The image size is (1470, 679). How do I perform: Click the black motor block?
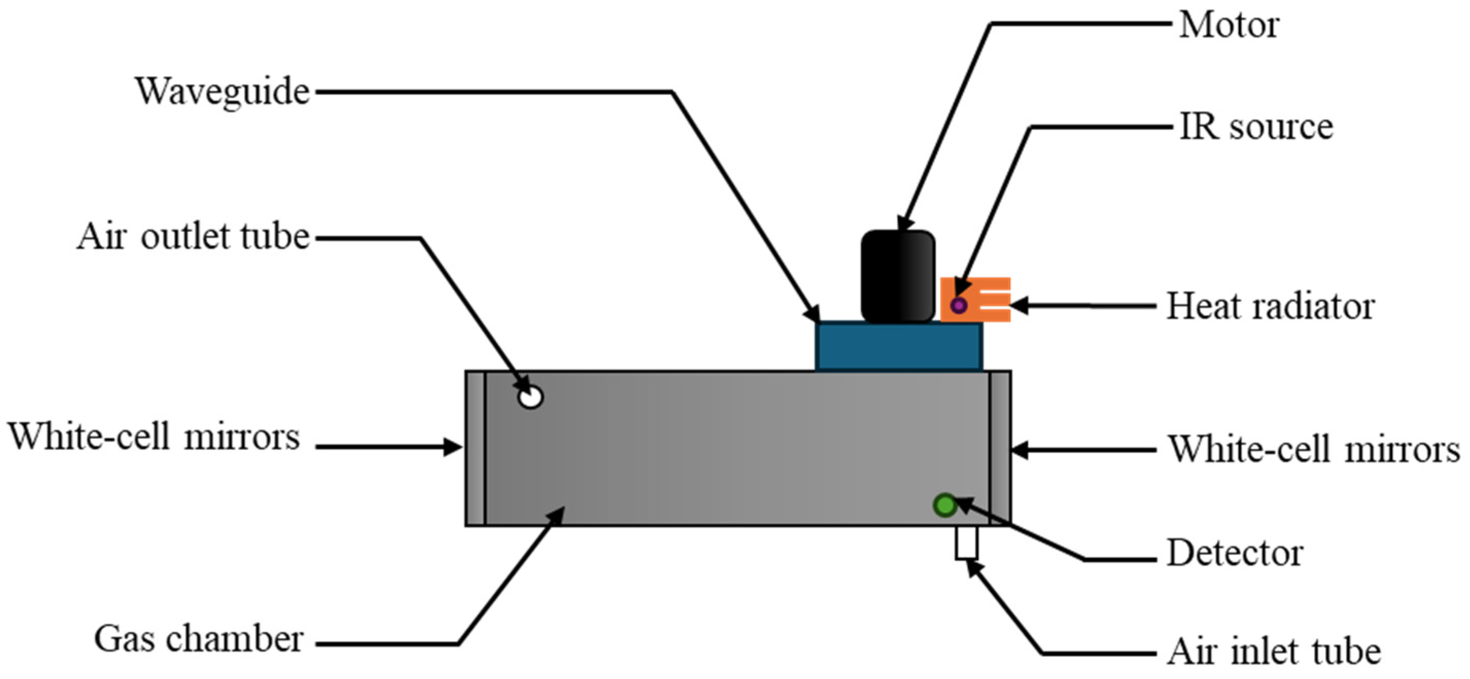coord(898,277)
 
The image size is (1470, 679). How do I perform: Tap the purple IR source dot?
coord(959,306)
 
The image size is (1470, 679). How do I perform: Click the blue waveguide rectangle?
coord(899,347)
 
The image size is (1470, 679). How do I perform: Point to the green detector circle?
coord(944,505)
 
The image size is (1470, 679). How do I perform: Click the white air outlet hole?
coord(530,397)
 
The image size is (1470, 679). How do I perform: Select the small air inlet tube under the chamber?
coord(966,542)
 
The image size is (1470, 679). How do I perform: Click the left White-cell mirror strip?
coord(476,448)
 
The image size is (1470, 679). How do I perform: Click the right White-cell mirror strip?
coord(1000,448)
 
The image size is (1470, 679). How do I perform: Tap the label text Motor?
coord(1229,26)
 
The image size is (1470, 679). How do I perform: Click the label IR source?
coord(1256,127)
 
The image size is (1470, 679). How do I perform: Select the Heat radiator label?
coord(1270,307)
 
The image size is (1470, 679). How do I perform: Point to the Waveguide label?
coord(222,91)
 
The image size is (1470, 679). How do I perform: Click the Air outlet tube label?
coord(194,237)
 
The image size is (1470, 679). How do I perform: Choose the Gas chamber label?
coord(199,639)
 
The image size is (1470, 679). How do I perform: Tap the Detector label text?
coord(1235,553)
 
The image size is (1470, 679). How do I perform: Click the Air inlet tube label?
coord(1274,651)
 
